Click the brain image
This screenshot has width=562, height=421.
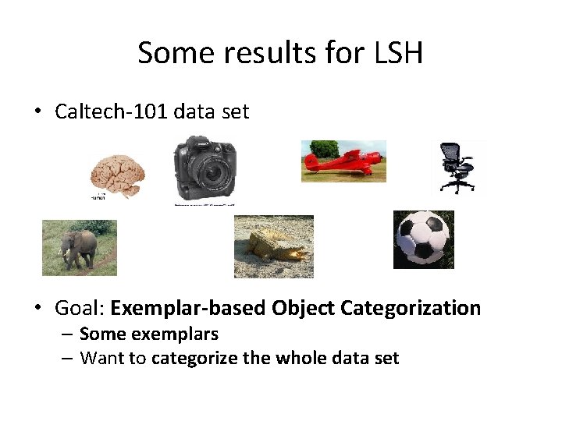[x=116, y=175]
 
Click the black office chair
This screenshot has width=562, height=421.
[x=456, y=167]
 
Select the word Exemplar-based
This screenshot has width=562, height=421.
[x=189, y=308]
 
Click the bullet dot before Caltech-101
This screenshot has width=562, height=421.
[x=38, y=112]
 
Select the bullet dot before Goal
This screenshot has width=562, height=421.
[x=38, y=309]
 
